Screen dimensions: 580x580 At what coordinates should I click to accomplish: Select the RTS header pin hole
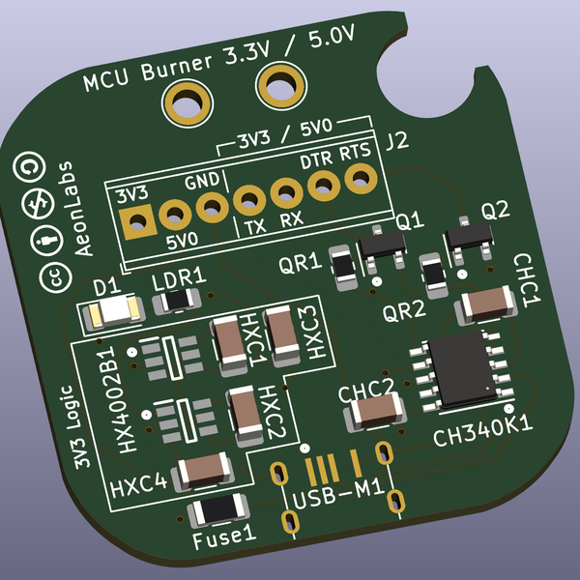361,178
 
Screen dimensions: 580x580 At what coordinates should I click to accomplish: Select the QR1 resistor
342,268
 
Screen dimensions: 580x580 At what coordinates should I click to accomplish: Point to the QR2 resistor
434,274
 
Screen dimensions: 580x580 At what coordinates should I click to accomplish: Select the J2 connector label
396,143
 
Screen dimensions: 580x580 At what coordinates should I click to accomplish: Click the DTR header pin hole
324,185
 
